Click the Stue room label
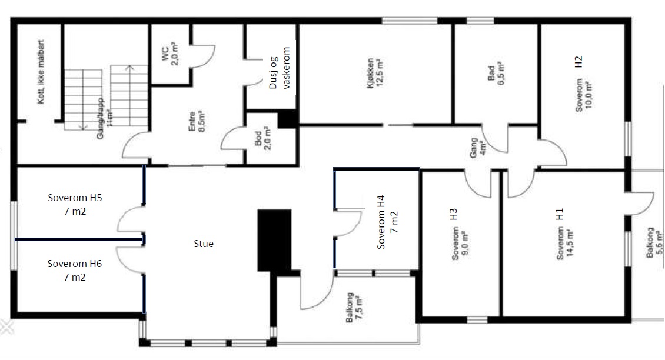203,244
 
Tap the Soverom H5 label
75,204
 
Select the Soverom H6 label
75,270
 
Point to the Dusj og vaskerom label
281,69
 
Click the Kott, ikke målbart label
41,72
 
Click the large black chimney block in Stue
275,240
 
